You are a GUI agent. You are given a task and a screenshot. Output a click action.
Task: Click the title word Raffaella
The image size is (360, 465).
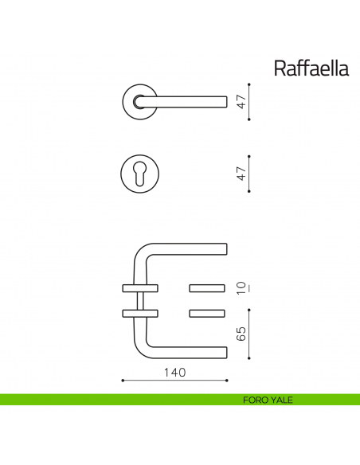(311, 68)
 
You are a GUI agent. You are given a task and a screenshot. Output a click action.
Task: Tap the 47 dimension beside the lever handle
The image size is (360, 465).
(239, 102)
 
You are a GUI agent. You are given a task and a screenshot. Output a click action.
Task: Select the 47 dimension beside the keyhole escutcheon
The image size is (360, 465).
(239, 173)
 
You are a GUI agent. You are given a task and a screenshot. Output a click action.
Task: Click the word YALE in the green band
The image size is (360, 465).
(282, 400)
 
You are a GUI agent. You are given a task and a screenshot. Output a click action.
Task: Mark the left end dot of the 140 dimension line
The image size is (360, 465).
(122, 381)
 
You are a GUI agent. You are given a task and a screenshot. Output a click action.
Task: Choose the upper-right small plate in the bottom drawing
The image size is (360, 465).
(208, 287)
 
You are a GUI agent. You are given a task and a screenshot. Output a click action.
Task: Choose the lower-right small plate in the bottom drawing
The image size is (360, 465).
(208, 311)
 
